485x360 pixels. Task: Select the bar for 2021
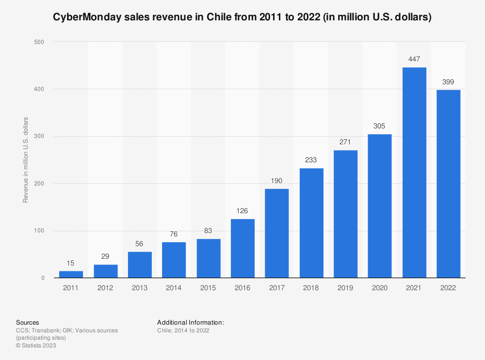pos(414,172)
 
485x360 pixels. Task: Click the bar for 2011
pos(71,274)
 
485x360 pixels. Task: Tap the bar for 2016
pos(242,248)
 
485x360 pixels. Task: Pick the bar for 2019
pos(345,214)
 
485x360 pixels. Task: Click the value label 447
pos(414,59)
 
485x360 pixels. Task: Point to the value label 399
pos(448,82)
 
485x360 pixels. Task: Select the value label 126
pos(242,211)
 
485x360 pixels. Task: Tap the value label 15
pos(71,263)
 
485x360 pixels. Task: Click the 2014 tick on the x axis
pos(174,288)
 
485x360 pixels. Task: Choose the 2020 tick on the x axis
pos(380,288)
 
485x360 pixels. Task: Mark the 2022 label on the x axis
pos(448,288)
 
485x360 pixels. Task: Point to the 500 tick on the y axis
pos(39,42)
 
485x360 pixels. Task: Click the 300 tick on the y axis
pos(39,137)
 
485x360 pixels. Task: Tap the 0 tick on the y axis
pos(43,278)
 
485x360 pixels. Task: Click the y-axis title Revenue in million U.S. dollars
pos(26,160)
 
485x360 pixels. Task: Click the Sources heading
pos(28,322)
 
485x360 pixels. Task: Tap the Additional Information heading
pos(191,322)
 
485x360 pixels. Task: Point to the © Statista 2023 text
pos(36,345)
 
